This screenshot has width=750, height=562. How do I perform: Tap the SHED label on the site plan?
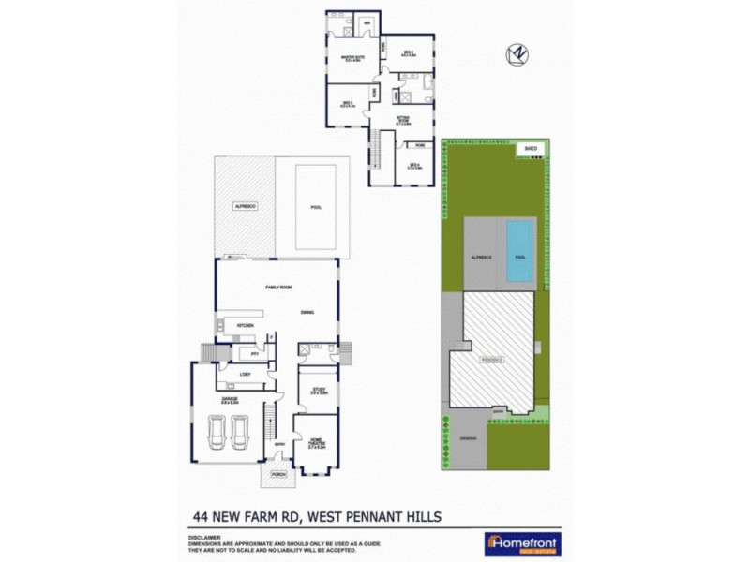click(531, 148)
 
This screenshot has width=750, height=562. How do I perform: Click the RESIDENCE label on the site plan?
click(493, 360)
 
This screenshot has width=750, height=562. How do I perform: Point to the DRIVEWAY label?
click(470, 440)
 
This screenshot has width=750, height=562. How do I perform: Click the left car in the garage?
click(214, 433)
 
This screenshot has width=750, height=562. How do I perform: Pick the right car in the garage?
click(239, 433)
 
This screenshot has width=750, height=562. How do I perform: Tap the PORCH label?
click(277, 475)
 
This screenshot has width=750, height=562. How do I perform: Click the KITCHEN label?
click(246, 325)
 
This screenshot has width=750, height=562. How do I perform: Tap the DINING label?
click(307, 313)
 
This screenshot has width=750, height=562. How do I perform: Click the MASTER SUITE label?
click(352, 59)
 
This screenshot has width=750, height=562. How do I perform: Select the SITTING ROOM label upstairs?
click(403, 118)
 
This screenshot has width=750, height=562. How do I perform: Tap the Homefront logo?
click(519, 544)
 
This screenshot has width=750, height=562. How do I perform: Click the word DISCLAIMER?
click(202, 538)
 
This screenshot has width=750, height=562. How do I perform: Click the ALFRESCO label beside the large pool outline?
click(245, 205)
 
